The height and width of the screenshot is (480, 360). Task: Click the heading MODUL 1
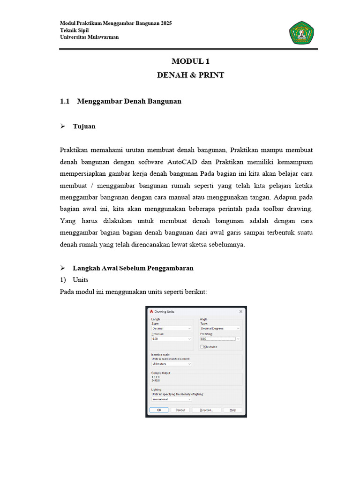tap(190, 61)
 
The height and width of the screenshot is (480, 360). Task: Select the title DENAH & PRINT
tap(190, 75)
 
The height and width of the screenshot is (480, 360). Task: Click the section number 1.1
tap(65, 101)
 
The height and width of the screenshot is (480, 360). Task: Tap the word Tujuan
tap(84, 127)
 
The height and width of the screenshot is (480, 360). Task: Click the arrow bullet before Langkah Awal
tap(63, 268)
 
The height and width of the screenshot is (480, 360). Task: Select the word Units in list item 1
tap(80, 280)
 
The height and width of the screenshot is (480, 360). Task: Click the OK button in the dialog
tap(158, 410)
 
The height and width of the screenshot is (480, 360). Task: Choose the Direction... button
tap(206, 410)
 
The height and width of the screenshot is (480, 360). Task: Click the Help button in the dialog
tap(232, 410)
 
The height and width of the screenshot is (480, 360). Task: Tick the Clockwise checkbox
tap(202, 347)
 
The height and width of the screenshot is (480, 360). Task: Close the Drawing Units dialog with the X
tap(241, 311)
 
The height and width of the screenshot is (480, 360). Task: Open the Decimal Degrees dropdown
tap(220, 329)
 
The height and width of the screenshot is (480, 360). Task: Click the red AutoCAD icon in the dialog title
tap(151, 311)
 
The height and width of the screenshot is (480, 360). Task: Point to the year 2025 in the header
tap(165, 23)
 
